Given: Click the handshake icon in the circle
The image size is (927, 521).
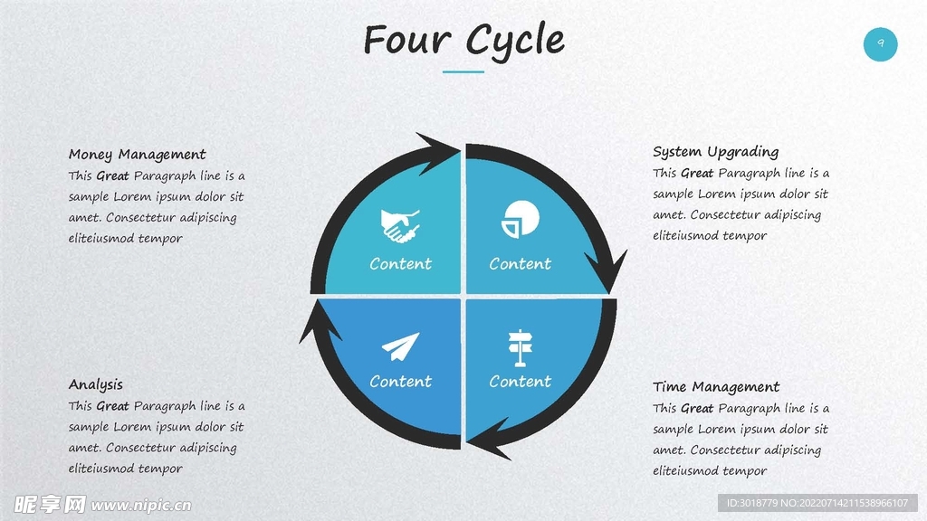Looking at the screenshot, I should coord(400,225).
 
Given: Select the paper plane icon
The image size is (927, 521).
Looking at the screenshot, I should coord(400,346).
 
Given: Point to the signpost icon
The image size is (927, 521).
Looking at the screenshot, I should coord(520,347).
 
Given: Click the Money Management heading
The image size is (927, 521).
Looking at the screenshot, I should coord(138,155).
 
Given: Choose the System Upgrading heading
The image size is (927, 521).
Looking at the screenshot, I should coord(715,152).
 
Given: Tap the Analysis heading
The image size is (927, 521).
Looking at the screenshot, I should coord(96,384).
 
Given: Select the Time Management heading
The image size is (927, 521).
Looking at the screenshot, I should coord(716,387).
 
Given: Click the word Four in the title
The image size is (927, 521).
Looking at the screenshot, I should coord(408,41).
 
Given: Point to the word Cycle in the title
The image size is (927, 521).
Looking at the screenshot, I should coord(516,41).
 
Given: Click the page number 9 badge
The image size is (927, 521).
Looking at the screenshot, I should coord(880,43).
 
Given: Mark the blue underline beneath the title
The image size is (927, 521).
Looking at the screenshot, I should coord(463,71).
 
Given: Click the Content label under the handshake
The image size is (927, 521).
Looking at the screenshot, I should coord(400,264).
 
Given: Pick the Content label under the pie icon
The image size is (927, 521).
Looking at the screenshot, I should coord(521,264).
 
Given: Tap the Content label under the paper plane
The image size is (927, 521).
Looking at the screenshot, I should coord(400,382).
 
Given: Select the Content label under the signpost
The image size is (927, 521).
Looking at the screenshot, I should coord(521,382).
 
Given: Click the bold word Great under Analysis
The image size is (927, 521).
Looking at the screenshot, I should coord(112,406).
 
